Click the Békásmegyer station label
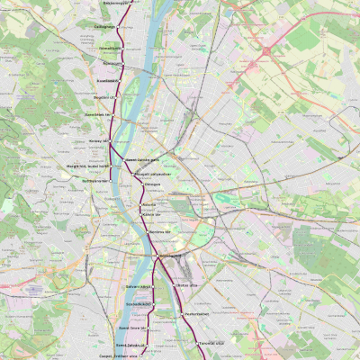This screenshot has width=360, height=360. point(116,3)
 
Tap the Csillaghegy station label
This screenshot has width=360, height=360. point(106,27)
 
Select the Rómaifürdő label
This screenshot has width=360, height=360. point(109,47)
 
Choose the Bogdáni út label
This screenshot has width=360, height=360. point(104,97)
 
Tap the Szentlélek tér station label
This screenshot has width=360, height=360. point(96,114)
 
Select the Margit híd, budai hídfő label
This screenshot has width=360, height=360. point(87,166)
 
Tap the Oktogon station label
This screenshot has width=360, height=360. point(152,184)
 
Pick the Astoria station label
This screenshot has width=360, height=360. point(149,205)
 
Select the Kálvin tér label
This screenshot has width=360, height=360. point(151,215)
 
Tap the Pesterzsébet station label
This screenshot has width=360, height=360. point(195,314)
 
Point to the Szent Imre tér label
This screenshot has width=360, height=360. point(130,328)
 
